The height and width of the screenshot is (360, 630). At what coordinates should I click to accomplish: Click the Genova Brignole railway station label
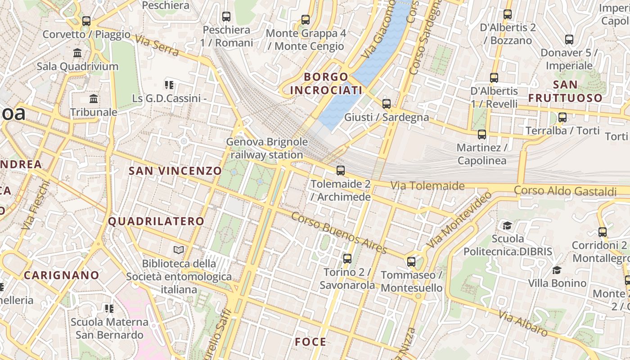pos(267,148)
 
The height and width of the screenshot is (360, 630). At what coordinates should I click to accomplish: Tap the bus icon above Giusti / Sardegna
pos(386,104)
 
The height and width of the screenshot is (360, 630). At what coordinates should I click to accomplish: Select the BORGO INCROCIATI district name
pos(326,83)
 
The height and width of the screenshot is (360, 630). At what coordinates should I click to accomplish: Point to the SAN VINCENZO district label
pos(175,171)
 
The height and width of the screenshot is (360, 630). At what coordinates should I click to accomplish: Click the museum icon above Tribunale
pos(94,99)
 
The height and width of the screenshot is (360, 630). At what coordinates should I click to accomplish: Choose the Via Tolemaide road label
pos(427,185)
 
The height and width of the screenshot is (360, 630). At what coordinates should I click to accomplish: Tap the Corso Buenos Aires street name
pos(339,233)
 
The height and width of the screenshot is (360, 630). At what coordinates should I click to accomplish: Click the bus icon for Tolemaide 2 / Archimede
pos(341,171)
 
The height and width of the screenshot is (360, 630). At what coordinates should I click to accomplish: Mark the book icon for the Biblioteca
pos(179,250)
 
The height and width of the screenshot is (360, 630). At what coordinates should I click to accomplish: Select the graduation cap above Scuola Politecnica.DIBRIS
pos(507,225)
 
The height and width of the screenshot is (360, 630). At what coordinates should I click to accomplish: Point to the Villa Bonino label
pos(557,283)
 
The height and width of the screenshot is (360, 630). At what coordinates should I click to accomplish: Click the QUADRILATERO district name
pos(156,221)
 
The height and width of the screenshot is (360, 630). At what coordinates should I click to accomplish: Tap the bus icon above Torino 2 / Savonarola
pos(347,259)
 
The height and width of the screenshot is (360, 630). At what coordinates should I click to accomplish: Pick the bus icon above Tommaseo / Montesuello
pos(411,261)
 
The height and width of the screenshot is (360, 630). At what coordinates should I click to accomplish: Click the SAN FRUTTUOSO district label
pos(565,91)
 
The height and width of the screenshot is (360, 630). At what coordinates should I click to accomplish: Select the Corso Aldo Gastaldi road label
pos(565,191)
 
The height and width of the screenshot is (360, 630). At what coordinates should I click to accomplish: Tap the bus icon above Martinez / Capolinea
pos(481,135)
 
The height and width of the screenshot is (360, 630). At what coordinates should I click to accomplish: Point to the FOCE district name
pos(310,342)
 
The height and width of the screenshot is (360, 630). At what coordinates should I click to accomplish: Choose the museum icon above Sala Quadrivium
pos(77,53)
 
